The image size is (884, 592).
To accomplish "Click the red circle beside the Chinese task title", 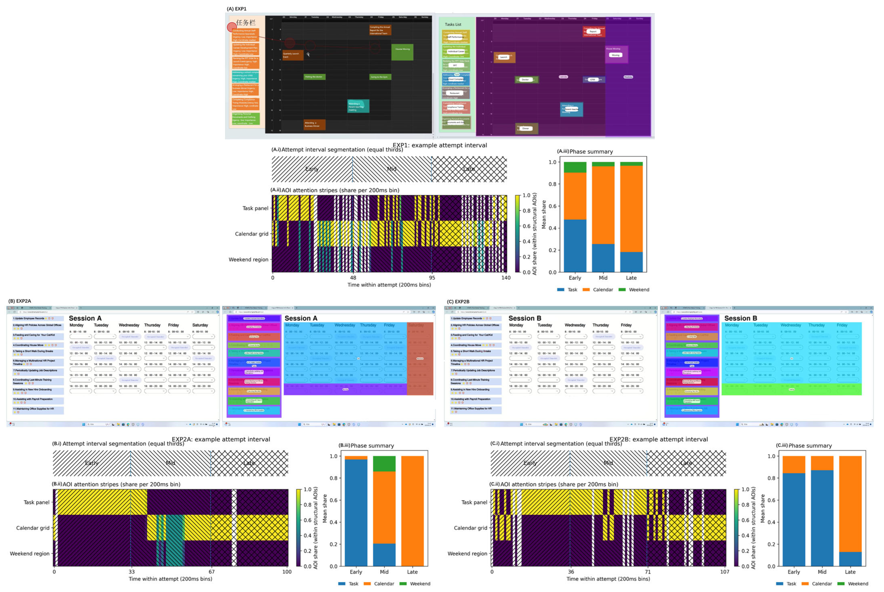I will pos(232,27).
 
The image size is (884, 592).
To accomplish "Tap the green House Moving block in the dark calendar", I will pos(402,52).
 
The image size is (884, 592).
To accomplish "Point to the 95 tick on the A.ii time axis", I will pos(432,277).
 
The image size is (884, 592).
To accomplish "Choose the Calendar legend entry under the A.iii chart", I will pos(602,290).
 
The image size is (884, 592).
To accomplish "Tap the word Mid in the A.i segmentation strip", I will pos(392,169).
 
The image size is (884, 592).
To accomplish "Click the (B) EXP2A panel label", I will pos(20,301).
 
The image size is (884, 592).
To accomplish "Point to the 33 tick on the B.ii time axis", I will pos(132,572).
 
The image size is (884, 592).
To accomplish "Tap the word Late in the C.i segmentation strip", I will pos(686,463).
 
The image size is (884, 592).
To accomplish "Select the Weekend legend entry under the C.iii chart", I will pos(857,584).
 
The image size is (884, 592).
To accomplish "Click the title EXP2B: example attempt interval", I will pos(658,439).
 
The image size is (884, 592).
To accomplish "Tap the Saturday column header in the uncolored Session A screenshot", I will pos(200,325).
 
